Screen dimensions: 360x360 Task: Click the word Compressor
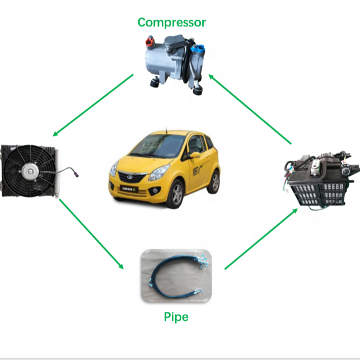point(171,23)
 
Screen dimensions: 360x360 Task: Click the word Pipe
point(176,317)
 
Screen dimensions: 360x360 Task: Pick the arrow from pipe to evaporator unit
point(260,239)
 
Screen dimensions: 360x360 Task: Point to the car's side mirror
point(194,155)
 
